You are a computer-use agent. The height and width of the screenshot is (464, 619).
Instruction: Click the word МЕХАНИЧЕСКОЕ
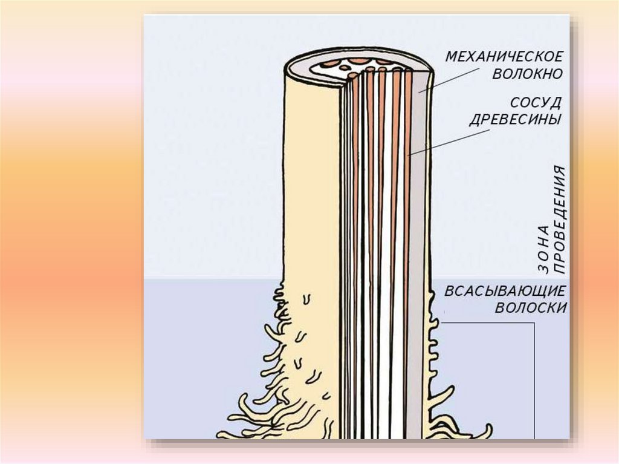(504, 57)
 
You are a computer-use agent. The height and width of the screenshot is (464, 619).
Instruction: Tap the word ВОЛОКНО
(527, 75)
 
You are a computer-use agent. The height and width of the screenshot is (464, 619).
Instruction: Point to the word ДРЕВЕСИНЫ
(516, 119)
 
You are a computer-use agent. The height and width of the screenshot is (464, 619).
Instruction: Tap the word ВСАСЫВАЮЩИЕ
(505, 291)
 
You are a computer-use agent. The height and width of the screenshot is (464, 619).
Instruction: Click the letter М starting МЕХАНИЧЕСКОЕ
(451, 57)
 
